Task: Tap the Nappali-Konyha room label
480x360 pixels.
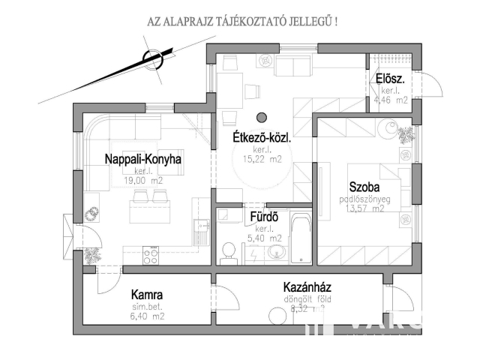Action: pos(143,159)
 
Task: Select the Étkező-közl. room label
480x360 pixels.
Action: pos(256,139)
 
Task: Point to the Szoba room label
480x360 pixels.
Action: pos(366,187)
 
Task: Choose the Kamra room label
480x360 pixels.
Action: pos(147,295)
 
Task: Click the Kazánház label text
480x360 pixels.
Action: pos(307,287)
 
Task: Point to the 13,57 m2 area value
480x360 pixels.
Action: pos(365,208)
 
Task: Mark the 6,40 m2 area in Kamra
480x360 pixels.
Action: pos(147,316)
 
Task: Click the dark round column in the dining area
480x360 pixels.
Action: pos(262,116)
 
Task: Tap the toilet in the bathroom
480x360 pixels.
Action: pos(229,253)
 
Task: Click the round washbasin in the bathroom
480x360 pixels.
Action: pos(275,252)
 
